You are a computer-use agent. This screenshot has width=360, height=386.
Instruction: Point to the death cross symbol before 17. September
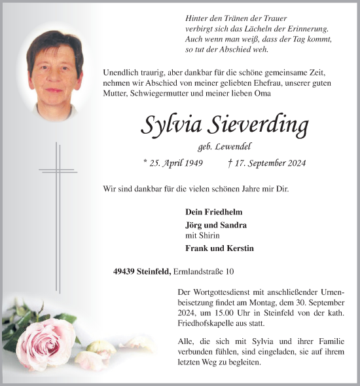(x=230, y=163)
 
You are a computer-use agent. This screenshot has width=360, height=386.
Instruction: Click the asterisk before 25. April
(x=145, y=163)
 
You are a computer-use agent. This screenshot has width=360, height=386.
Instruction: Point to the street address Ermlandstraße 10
(x=204, y=271)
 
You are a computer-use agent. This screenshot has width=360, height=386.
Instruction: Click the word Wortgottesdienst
(x=221, y=291)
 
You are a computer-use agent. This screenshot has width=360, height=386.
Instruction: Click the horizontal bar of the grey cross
(x=58, y=170)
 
